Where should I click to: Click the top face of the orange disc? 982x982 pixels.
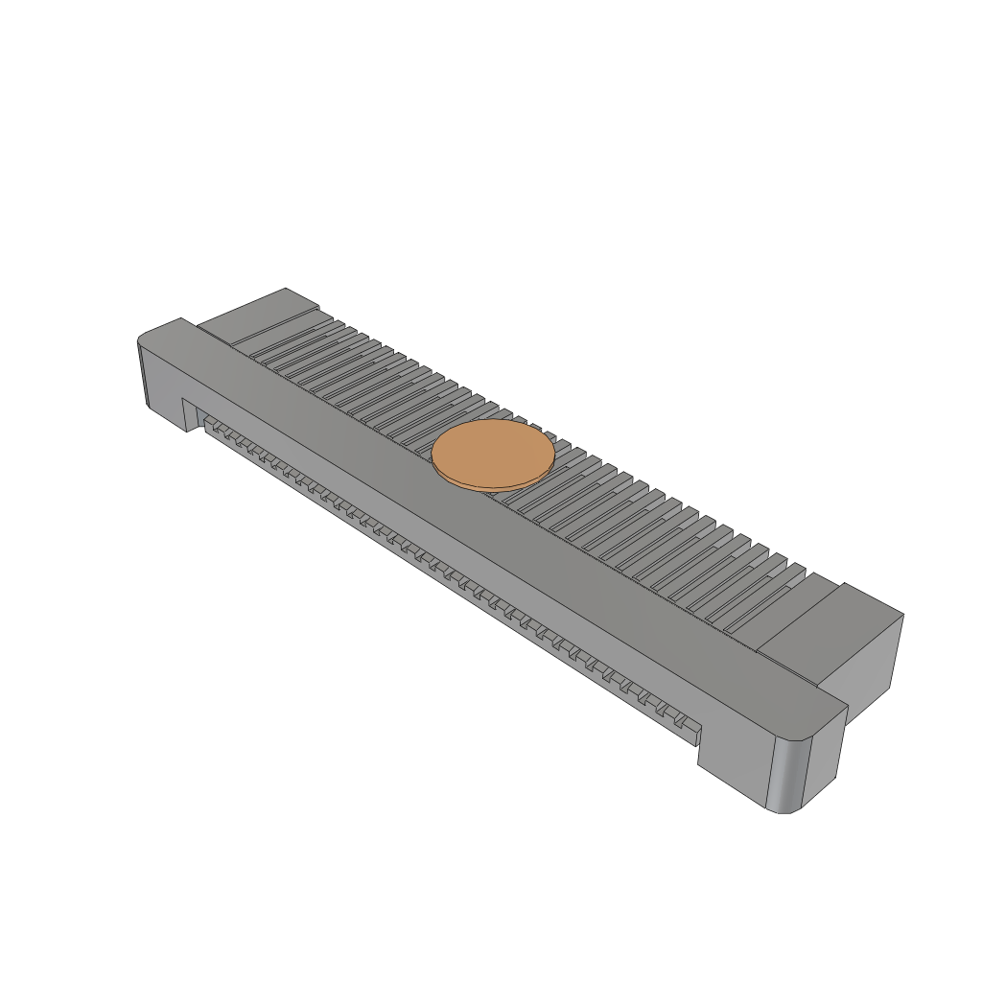pyautogui.click(x=492, y=452)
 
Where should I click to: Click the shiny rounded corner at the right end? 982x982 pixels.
pyautogui.click(x=790, y=773)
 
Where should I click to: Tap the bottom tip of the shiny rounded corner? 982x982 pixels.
pyautogui.click(x=782, y=811)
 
